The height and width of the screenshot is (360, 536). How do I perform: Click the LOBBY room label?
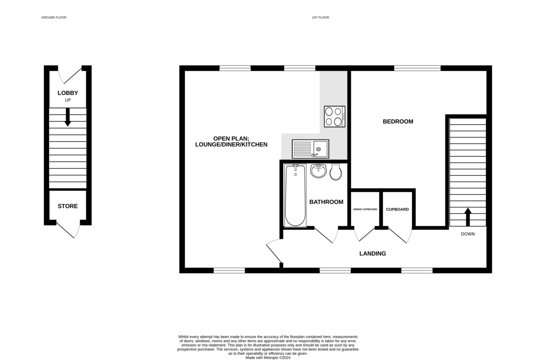68,93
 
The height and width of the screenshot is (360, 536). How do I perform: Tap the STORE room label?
68,206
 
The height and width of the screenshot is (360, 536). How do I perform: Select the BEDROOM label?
398,121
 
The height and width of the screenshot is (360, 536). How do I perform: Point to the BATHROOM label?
327,202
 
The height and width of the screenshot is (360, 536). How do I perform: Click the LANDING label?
373,254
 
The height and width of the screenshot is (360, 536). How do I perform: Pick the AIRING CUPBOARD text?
365,209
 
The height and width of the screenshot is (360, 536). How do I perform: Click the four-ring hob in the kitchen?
334,116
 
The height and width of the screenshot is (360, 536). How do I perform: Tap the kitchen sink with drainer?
310,149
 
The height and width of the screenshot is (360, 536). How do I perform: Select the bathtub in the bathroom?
295,196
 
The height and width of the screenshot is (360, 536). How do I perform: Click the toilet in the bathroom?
336,172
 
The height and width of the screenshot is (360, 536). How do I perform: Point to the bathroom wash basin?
318,171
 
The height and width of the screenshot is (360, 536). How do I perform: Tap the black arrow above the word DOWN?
468,217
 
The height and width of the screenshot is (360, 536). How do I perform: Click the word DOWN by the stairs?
468,234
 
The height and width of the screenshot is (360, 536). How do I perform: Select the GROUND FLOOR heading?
54,17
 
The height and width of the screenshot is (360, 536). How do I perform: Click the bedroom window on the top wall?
417,68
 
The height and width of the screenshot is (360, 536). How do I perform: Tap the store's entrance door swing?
71,229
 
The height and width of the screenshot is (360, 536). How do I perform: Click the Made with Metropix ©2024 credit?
268,357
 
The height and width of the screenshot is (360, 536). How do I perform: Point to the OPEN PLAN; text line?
231,138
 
